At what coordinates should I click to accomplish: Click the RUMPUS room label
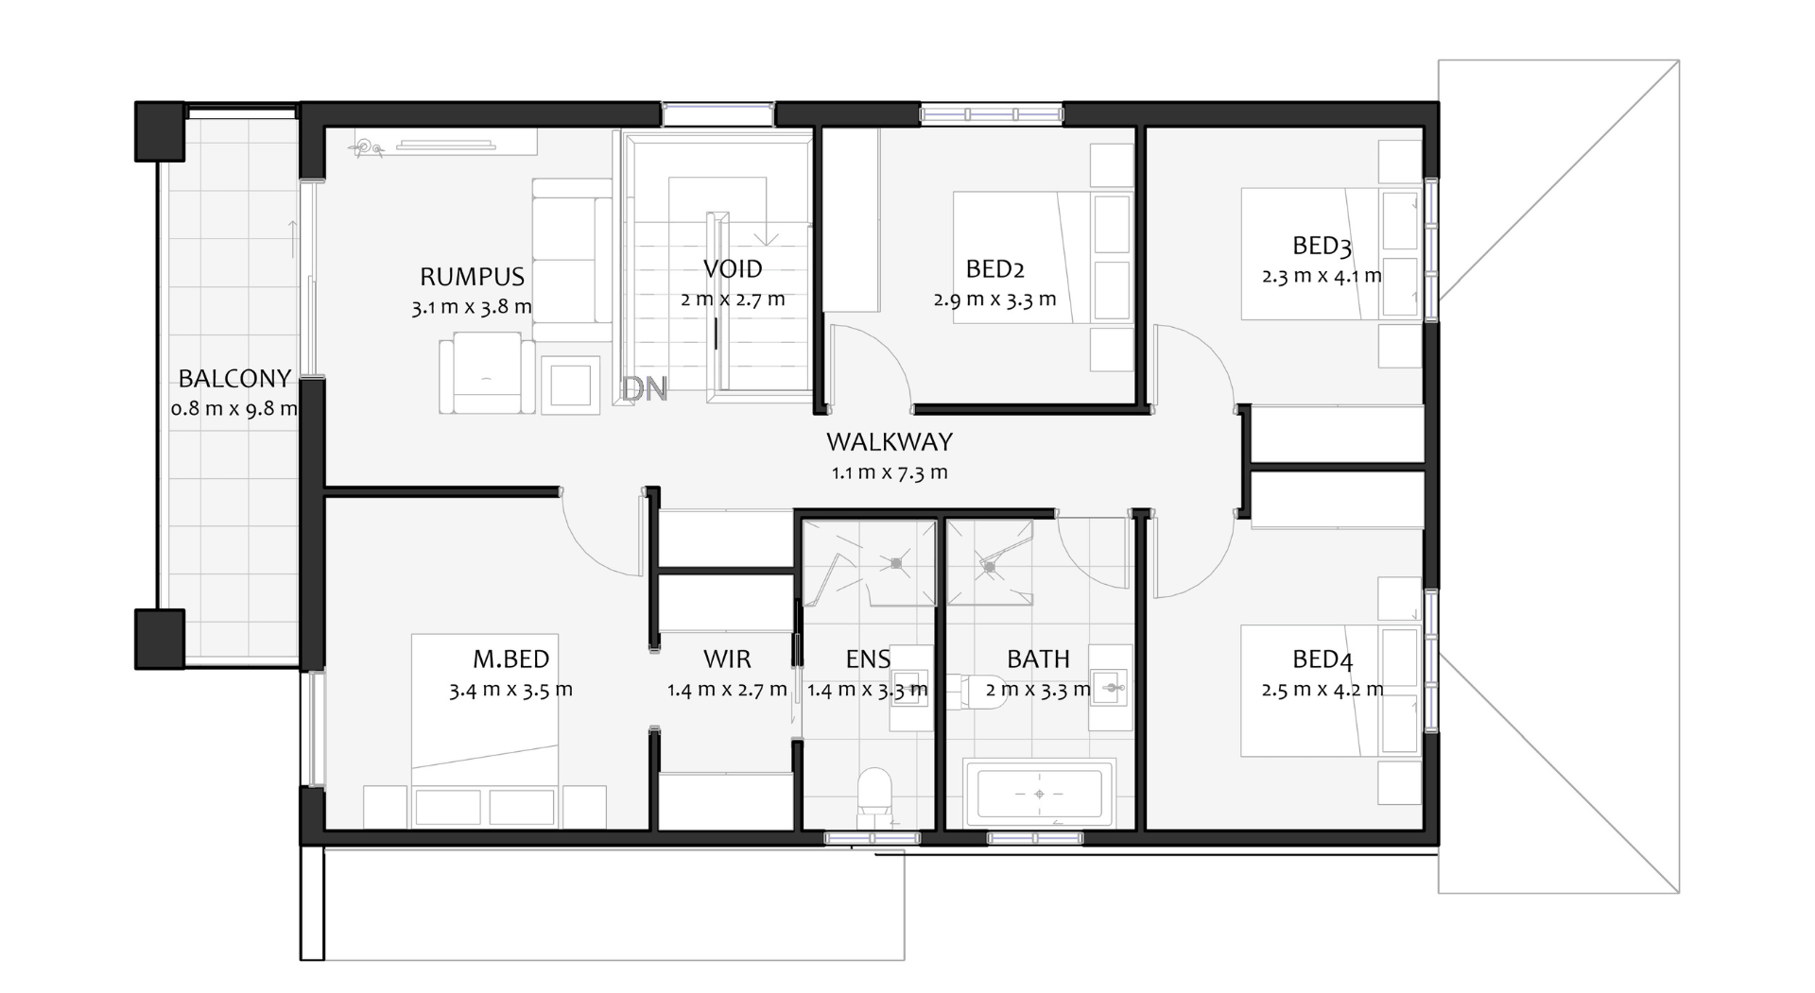pos(472,277)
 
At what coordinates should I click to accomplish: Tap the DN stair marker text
pos(645,388)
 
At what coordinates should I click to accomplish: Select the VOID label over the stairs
pos(733,269)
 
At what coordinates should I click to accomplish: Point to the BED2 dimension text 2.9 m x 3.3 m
pos(994,300)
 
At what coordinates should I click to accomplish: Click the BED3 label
pos(1322,247)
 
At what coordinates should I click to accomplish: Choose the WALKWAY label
pos(890,442)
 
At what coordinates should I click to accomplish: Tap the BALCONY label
pos(234,379)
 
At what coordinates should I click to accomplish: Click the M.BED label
pos(510,659)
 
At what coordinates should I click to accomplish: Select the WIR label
pos(727,659)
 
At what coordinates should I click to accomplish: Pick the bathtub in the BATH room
pos(1040,794)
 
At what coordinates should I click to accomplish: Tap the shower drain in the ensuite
pos(895,564)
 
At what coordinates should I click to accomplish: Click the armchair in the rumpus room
pos(487,372)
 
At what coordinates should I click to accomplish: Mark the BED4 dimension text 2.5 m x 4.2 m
pos(1322,690)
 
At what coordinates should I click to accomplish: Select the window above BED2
pos(992,114)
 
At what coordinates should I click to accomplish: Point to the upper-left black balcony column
pos(160,130)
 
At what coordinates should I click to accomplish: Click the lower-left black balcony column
pos(160,639)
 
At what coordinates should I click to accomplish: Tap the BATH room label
pos(1038,659)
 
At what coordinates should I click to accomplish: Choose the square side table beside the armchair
pos(570,385)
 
